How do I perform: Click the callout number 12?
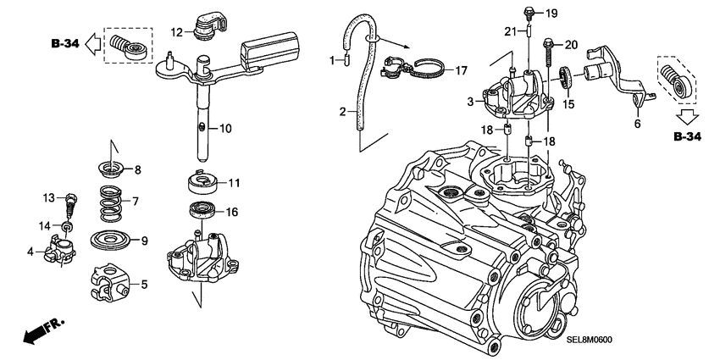(x=176, y=32)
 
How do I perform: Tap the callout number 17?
(x=461, y=70)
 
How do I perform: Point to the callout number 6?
(x=636, y=123)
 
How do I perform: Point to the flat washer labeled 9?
(x=112, y=240)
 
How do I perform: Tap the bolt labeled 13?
(x=73, y=204)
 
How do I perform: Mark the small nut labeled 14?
(x=68, y=227)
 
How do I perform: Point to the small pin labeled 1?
(x=345, y=60)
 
